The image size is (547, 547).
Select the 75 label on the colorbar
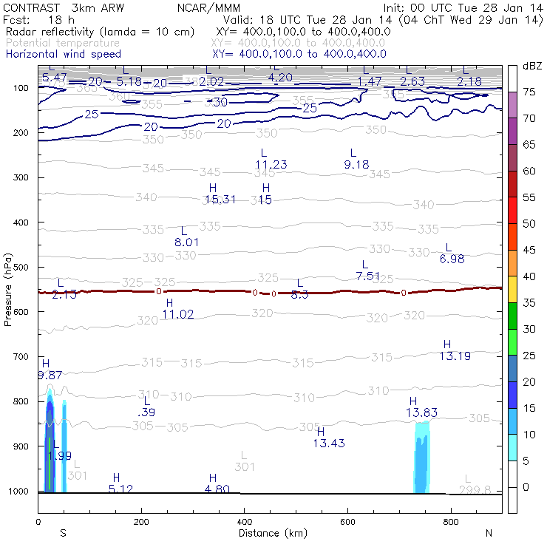coord(530,92)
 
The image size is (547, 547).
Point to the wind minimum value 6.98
coord(452,259)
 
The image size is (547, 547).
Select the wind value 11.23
coord(271,164)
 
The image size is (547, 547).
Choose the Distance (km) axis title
coord(269,533)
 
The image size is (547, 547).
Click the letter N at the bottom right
coord(489,533)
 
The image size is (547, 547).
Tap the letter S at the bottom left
coord(63,533)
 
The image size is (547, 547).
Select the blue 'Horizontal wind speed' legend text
coord(63,54)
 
